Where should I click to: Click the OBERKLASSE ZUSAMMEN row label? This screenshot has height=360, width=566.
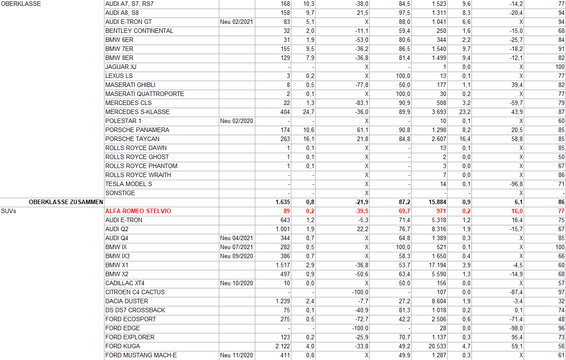pos(66,202)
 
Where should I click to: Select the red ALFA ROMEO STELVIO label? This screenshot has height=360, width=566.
pos(138,211)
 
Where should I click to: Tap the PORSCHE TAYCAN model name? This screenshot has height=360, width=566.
pos(132,139)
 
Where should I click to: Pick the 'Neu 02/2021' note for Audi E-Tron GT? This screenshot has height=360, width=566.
pos(236,22)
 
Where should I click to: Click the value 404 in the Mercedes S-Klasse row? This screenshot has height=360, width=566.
pos(285,112)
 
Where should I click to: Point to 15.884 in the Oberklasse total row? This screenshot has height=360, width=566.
pos(435,202)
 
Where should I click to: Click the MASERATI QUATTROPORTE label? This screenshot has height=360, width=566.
pos(145,94)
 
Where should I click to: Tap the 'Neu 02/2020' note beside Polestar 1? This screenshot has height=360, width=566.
pos(236,121)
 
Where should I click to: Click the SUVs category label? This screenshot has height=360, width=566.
pos(9,211)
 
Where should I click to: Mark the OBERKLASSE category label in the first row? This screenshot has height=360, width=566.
pos(21,4)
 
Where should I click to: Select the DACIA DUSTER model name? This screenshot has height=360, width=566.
pos(127,301)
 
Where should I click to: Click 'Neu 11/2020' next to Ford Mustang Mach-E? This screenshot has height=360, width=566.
pos(236,355)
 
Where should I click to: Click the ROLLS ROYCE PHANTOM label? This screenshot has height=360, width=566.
pos(141,166)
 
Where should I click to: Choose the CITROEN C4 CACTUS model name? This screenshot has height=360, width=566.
pos(135,292)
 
